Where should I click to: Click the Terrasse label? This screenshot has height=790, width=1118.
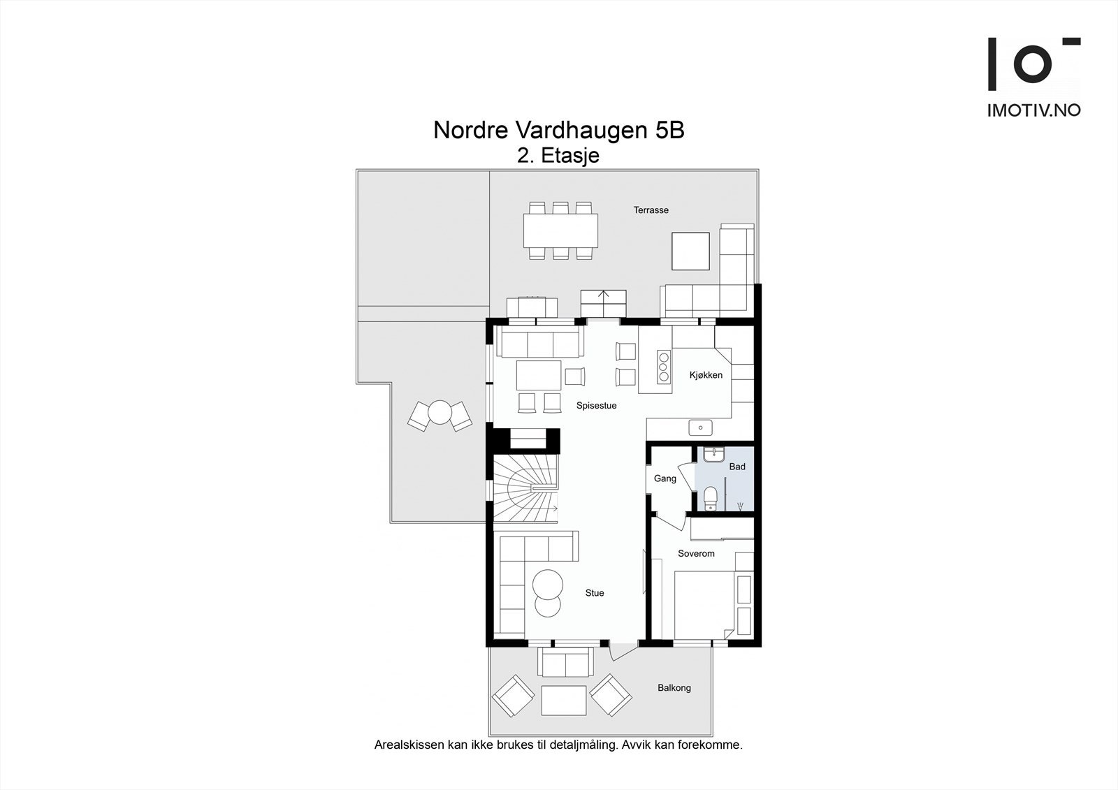tap(651, 210)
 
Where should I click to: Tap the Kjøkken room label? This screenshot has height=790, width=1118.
tap(706, 375)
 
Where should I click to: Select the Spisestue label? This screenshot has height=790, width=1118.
tap(597, 406)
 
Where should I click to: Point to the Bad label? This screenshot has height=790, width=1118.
tap(737, 467)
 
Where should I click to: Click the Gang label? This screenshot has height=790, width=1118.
tap(665, 478)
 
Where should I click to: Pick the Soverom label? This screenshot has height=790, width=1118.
tap(696, 553)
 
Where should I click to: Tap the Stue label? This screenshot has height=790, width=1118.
tap(595, 593)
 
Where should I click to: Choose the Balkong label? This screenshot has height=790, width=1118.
tap(674, 688)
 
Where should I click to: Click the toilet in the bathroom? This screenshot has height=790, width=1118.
tap(710, 499)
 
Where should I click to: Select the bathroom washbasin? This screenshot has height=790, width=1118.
tap(713, 455)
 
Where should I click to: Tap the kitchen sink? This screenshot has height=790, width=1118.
tap(701, 427)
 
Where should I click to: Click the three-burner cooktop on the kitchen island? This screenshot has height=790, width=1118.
tap(663, 367)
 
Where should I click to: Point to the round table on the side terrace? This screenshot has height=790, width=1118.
tap(440, 413)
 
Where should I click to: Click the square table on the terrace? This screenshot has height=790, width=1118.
tap(690, 251)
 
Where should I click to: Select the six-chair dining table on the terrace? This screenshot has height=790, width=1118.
tap(560, 231)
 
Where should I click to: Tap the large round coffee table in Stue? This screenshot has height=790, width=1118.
tap(548, 585)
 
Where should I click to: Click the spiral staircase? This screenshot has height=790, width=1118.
tap(525, 488)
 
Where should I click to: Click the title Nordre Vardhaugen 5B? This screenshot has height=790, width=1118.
tap(558, 130)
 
